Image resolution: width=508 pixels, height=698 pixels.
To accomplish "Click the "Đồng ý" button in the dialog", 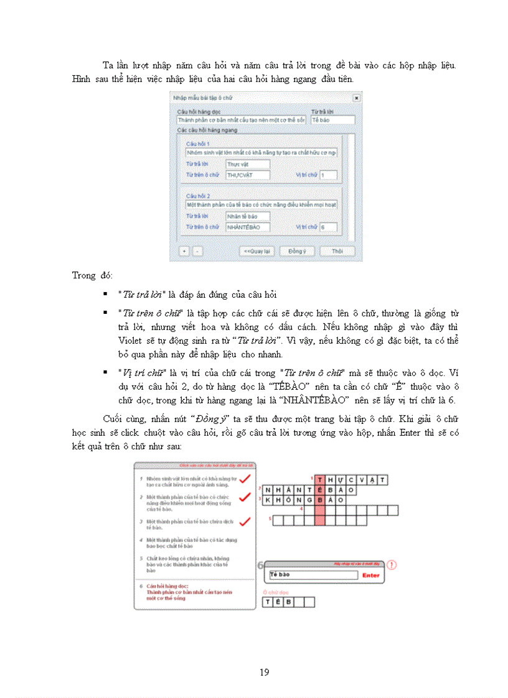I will coord(297,251).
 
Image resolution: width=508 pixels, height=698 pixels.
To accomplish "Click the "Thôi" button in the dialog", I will coord(337,251).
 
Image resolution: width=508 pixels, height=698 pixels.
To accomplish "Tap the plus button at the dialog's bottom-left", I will coord(184,251).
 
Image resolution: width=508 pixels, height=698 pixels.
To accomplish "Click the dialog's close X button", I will coord(355,98).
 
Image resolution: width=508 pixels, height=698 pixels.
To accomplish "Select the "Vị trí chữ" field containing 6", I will coord(328,227).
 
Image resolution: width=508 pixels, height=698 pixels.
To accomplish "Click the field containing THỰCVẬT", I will coord(248,175).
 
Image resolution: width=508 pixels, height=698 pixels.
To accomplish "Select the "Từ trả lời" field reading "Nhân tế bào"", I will coord(248,216).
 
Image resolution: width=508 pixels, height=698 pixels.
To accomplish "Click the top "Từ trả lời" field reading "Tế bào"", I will coord(332,119).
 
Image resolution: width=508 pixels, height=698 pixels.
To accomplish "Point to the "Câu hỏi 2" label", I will coord(198,195).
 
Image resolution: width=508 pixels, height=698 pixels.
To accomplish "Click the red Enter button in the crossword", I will coord(370,576).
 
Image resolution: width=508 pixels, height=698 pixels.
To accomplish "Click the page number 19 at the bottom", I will coord(264,673).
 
